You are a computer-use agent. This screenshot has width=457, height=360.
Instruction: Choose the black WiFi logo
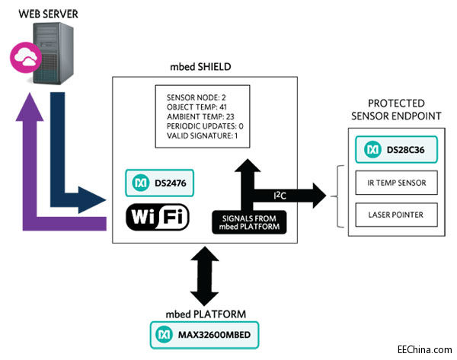(157, 217)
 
